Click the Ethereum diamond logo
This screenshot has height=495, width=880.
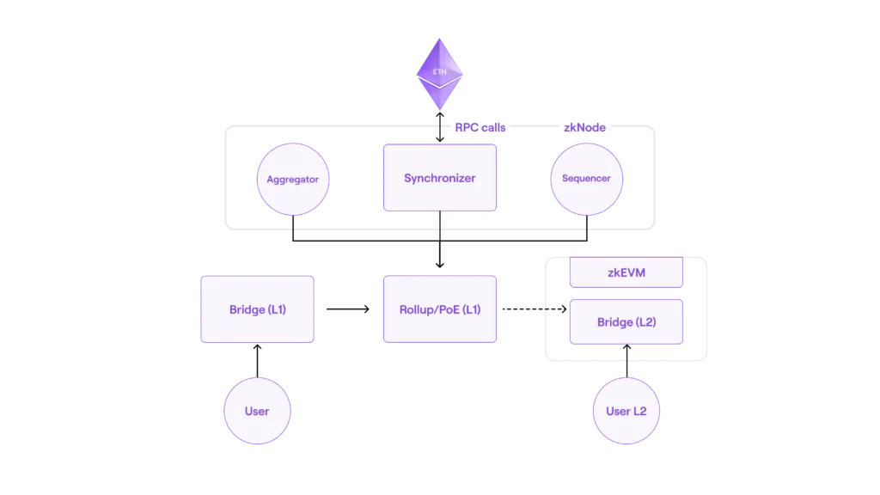point(439,74)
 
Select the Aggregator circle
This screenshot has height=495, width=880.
point(293,179)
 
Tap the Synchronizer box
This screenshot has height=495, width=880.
point(440,178)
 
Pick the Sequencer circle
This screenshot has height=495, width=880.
point(586,179)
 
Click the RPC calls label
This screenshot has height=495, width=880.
point(480,127)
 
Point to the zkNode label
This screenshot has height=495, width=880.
point(584,127)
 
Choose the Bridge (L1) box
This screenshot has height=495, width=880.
point(258,309)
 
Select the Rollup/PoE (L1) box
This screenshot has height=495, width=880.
point(440,309)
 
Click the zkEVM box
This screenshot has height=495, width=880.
point(626,272)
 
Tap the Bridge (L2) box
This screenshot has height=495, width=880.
point(626,321)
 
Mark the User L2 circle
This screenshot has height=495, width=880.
point(626,411)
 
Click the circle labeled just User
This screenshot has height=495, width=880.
point(258,411)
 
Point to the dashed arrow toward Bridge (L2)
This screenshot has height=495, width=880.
point(535,309)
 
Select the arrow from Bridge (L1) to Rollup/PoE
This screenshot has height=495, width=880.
point(348,309)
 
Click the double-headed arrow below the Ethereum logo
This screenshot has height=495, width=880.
point(440,127)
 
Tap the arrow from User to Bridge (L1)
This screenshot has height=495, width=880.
point(258,361)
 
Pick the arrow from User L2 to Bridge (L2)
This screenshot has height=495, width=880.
point(626,361)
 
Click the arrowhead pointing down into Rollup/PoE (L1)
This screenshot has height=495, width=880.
point(440,265)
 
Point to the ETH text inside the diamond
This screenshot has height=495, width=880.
point(439,72)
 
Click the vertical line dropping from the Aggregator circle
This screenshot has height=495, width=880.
point(293,229)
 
